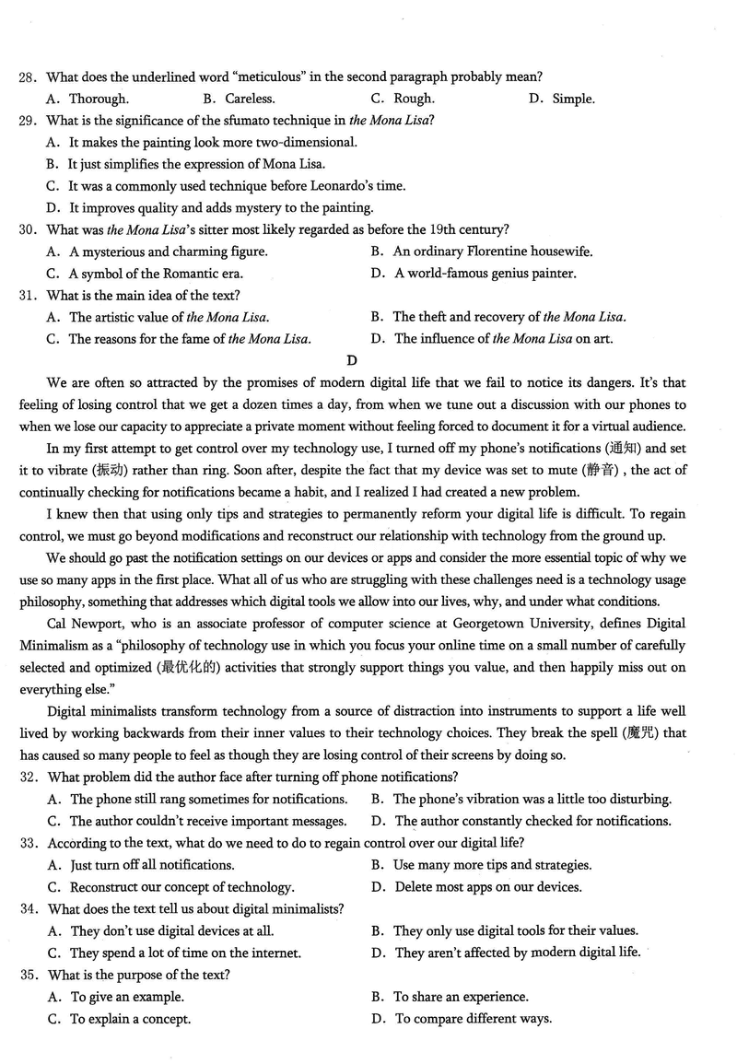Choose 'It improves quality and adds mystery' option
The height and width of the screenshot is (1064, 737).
tap(221, 207)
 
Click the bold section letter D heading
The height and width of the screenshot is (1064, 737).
tap(352, 360)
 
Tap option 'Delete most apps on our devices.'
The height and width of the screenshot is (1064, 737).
tap(488, 887)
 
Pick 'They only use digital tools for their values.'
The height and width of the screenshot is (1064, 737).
tap(516, 930)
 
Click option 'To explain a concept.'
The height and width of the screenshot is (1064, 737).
tap(131, 1019)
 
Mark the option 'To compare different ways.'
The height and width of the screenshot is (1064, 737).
tap(474, 1019)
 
